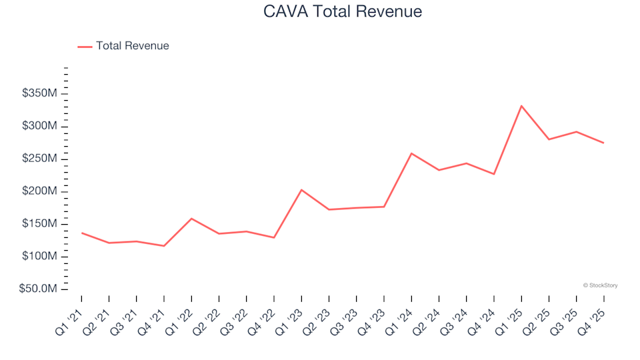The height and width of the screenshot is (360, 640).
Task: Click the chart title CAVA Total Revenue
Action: (343, 11)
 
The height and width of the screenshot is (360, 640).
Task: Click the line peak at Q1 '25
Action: (521, 105)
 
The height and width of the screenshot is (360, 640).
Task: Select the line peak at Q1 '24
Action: (411, 153)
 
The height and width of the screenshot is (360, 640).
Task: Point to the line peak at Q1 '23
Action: (301, 190)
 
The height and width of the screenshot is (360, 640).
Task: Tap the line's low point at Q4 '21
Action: (164, 246)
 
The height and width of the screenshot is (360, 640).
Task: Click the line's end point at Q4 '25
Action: (603, 143)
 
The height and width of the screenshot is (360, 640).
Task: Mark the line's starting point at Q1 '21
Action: (81, 233)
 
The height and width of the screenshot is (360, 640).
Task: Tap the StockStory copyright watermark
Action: (600, 285)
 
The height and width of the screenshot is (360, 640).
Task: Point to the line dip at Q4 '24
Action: (494, 174)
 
